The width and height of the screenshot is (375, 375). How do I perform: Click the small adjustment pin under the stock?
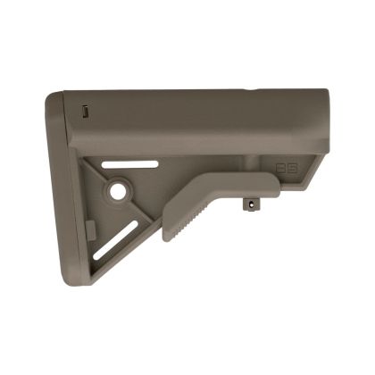[250, 204]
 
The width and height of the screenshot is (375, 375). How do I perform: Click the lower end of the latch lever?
[169, 237]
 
